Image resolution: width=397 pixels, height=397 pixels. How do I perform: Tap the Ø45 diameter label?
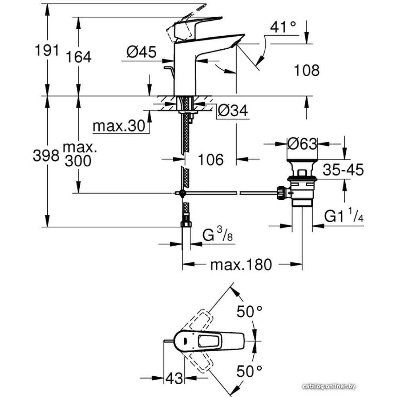pyautogui.click(x=141, y=52)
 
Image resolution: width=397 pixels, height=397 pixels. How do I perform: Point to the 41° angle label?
pyautogui.click(x=283, y=27)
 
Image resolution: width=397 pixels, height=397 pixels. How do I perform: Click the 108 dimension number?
pyautogui.click(x=306, y=71)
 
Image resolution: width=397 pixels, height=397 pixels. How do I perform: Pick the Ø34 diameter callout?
pyautogui.click(x=233, y=112)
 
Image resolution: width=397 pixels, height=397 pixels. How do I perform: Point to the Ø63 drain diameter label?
pyautogui.click(x=303, y=144)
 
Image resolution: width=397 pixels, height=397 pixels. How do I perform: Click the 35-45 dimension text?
pyautogui.click(x=343, y=170)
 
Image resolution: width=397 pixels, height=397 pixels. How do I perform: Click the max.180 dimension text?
pyautogui.click(x=241, y=264)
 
